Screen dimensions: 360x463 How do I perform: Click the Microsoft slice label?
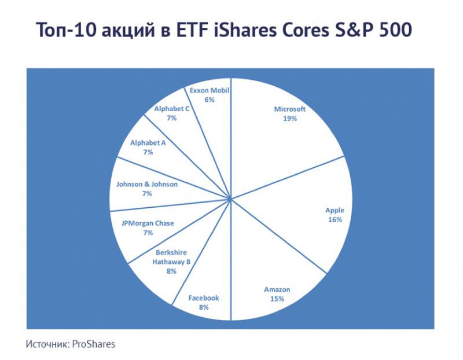[x=289, y=109]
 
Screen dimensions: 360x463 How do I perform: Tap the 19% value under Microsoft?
[x=289, y=119]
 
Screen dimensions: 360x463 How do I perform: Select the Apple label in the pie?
[x=335, y=211]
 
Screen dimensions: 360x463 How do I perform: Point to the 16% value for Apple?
[x=335, y=221]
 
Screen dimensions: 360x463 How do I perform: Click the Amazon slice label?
[x=277, y=289]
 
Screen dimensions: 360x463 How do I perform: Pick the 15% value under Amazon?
[x=277, y=299]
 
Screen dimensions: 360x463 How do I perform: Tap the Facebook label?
[x=204, y=298]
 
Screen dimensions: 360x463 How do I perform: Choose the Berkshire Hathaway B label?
[x=171, y=257]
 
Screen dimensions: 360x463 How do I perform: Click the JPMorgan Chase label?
[x=148, y=223]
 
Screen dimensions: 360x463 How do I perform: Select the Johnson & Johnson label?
[x=147, y=184]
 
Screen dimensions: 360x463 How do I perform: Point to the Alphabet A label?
[x=148, y=142]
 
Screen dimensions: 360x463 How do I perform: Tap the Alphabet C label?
[x=172, y=108]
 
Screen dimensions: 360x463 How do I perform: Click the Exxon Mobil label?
[x=210, y=90]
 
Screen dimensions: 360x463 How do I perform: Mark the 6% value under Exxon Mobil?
[x=210, y=100]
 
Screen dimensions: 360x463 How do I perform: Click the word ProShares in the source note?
[x=94, y=344]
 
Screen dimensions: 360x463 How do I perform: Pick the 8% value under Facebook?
[x=204, y=308]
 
